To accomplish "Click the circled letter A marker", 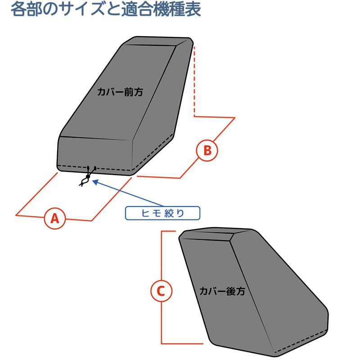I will [54, 218].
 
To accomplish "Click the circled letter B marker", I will [207, 150].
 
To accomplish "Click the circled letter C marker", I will [161, 291].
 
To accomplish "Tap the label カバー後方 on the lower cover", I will [222, 291].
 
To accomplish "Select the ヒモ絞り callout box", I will [162, 213].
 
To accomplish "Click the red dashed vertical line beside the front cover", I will [194, 81].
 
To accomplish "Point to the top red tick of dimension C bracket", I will [168, 232].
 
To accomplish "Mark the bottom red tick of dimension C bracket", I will [180, 343].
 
